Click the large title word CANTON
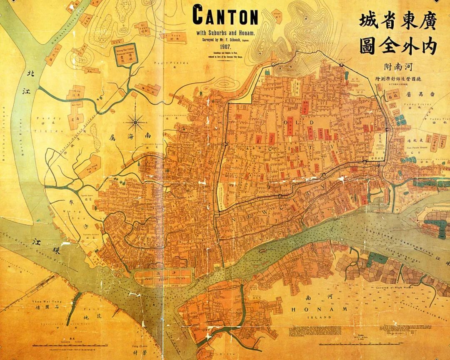tap(225, 16)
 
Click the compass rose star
tap(136, 122)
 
